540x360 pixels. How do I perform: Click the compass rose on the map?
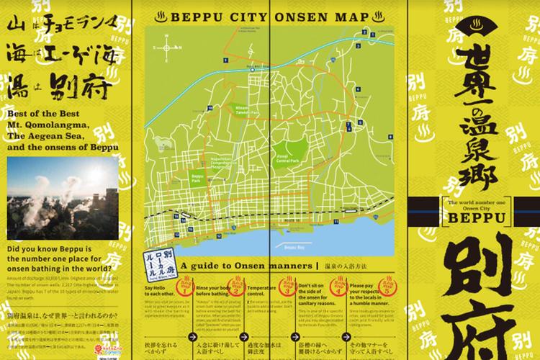[167, 48]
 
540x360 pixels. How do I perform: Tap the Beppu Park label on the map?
[196, 175]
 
